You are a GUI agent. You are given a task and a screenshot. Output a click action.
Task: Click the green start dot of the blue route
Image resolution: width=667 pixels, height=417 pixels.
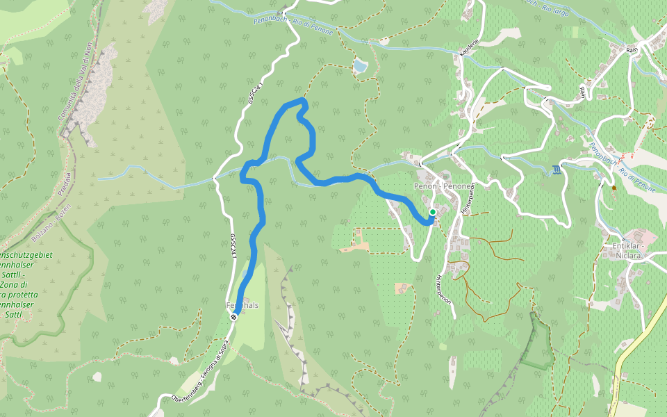click(x=432, y=213)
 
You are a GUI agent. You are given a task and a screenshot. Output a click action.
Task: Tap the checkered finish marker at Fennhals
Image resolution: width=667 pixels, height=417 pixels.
click(x=234, y=317)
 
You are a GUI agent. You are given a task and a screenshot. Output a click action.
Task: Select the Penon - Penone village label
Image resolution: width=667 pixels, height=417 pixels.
click(x=443, y=187)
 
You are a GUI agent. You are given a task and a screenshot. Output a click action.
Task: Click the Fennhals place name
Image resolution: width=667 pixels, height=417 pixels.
click(x=242, y=305)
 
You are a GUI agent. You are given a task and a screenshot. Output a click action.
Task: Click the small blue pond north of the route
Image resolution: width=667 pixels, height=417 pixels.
click(x=359, y=66)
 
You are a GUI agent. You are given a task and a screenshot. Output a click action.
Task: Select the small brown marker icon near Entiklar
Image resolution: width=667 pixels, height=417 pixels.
click(x=614, y=188)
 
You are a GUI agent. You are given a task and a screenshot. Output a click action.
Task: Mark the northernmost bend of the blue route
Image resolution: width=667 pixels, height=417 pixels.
click(x=303, y=101)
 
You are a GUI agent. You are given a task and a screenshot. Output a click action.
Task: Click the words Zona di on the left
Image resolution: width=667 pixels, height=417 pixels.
click(x=14, y=285)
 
